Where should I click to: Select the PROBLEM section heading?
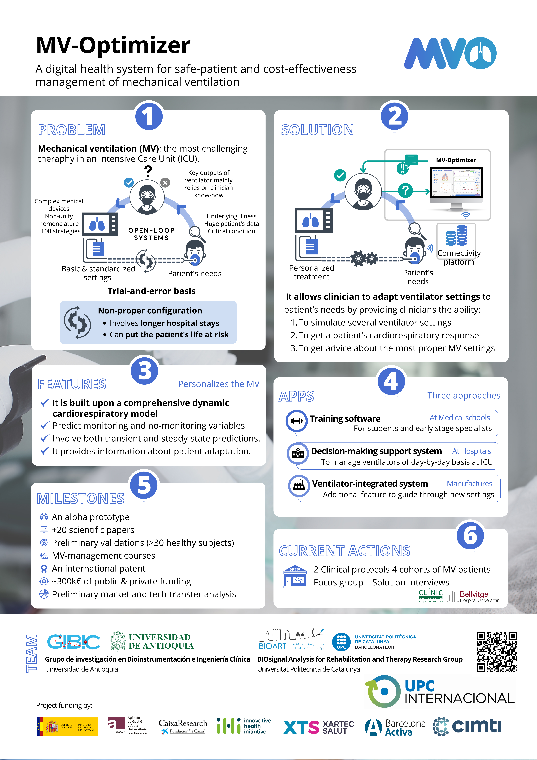tap(72, 130)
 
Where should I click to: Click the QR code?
tap(497, 651)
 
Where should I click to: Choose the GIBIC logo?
tap(73, 641)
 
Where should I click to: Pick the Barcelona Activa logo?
tap(395, 727)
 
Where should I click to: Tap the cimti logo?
tap(467, 727)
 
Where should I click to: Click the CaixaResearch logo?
tap(183, 727)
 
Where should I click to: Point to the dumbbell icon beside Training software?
tap(297, 421)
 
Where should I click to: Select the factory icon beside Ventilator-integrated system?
tap(299, 486)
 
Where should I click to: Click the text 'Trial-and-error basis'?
tap(151, 291)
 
